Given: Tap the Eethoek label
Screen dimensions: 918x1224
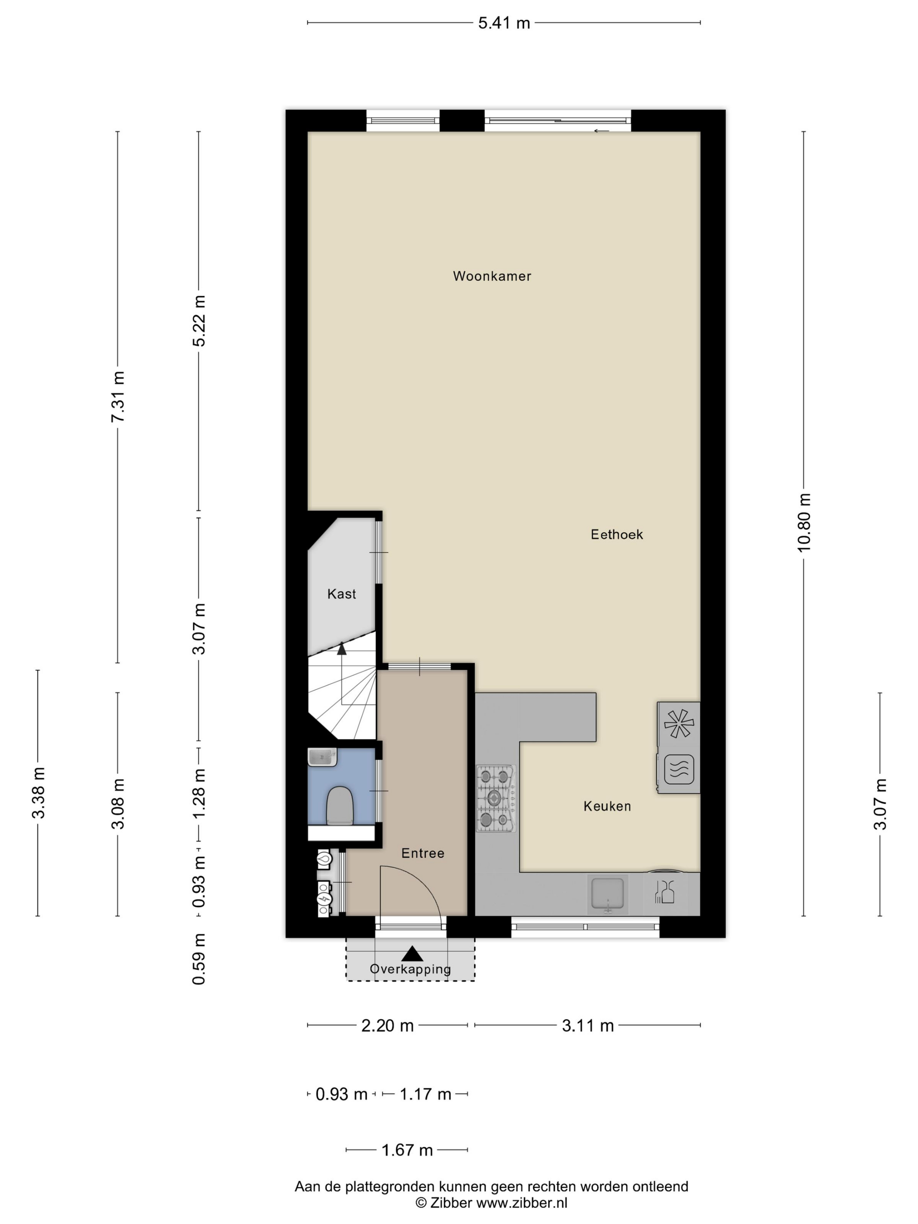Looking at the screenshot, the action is click(x=616, y=534).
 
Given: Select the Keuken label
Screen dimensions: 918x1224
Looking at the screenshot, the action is click(x=607, y=806).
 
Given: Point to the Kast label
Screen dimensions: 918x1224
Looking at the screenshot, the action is click(x=341, y=594).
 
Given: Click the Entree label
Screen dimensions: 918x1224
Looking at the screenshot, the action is click(x=423, y=853).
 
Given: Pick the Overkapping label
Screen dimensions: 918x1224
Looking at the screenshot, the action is click(x=410, y=969).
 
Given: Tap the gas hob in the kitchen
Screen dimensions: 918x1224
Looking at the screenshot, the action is click(x=496, y=798).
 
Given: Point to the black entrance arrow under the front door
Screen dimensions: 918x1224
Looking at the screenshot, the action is click(x=412, y=953).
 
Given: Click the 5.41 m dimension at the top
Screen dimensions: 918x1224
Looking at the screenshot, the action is click(x=504, y=23).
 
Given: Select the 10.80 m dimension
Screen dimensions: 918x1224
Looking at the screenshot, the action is click(x=803, y=522).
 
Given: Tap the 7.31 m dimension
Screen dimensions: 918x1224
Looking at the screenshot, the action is click(x=117, y=396).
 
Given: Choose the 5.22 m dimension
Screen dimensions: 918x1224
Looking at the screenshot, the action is click(x=198, y=320).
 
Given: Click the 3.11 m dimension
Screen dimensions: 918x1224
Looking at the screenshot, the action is click(x=588, y=1026).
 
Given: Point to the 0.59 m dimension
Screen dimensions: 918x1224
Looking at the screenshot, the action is click(x=198, y=959).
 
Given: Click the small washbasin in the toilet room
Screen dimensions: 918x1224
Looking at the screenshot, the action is click(x=322, y=757).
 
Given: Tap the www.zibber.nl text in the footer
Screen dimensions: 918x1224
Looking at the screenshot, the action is click(x=522, y=1203).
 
